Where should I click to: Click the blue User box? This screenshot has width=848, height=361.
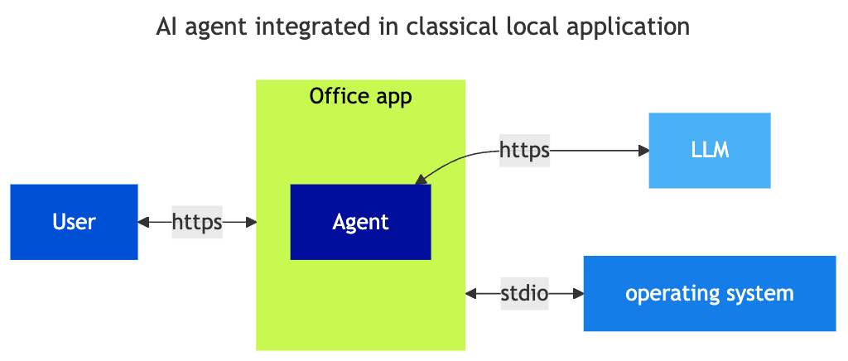coord(74,222)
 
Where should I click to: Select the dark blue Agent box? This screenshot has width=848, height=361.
coord(360,222)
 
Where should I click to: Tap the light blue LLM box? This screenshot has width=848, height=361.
coord(709,151)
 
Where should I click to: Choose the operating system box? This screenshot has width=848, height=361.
coord(709,293)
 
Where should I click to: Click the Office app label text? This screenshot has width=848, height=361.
coord(360,96)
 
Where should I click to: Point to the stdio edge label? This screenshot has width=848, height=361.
coord(524,293)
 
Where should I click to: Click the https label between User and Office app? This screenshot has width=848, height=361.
coord(197,222)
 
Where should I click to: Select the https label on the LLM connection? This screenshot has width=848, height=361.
coord(524,151)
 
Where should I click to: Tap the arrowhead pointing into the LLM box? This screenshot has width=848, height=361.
coord(643,151)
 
